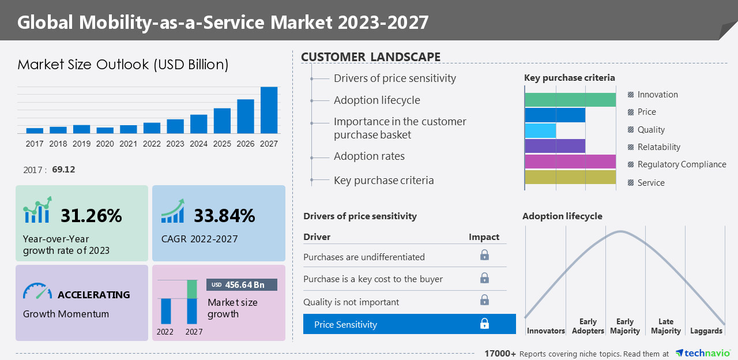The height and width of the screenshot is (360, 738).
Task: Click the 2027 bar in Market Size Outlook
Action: point(269,110)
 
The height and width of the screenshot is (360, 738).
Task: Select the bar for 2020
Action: point(105,130)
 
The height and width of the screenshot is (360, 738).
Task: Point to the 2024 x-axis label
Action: point(198,144)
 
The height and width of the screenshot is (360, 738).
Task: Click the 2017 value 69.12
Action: point(63,170)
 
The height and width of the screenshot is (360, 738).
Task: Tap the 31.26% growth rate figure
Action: point(91,216)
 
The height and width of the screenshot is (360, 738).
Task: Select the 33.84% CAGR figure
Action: point(224,216)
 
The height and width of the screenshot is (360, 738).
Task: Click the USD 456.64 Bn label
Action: point(242,285)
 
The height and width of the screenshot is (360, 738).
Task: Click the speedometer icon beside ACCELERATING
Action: point(37,291)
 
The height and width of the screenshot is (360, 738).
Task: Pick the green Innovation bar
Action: point(570,100)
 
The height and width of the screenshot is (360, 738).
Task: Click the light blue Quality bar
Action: point(540,130)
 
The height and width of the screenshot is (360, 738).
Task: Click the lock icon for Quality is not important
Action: point(484,300)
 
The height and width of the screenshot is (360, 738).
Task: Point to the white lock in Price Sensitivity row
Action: point(484,324)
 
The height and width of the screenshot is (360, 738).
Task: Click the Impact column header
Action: point(484,237)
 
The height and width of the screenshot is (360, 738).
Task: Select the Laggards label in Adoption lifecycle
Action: point(706,331)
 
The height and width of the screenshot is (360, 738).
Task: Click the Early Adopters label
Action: point(588,326)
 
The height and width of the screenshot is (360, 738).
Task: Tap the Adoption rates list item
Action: point(369,156)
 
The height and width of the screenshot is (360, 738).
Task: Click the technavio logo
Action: point(702,353)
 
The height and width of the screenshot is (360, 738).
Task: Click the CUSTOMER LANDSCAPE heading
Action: point(371,57)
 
